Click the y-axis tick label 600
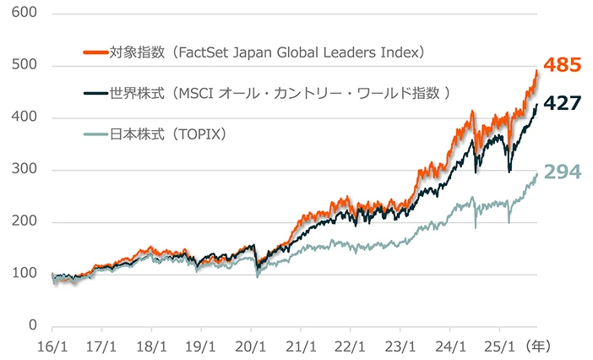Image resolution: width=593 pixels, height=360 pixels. tap(25, 14)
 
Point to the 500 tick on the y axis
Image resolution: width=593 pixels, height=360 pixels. tap(25, 66)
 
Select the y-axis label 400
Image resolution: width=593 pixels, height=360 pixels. tap(25, 118)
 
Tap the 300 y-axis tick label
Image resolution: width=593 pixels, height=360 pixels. tap(25, 171)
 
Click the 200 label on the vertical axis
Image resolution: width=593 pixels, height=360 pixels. tap(25, 222)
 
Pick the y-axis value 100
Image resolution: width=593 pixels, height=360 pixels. tap(25, 274)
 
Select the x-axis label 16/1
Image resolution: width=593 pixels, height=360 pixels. tap(52, 346)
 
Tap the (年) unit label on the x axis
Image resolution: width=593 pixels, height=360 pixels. tap(537, 346)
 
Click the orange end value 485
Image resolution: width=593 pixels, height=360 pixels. tap(560, 64)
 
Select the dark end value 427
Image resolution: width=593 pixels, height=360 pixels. tap(560, 103)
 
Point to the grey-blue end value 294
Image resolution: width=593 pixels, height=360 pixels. tap(560, 172)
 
